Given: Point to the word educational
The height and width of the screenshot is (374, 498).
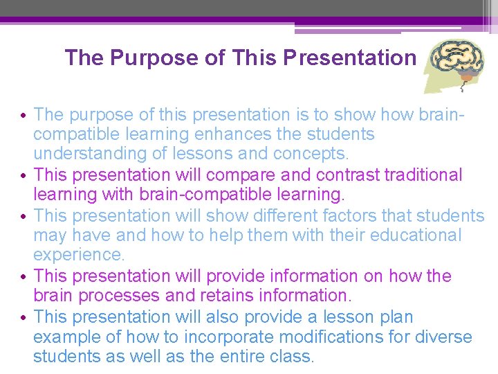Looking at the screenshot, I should tap(416, 235).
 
